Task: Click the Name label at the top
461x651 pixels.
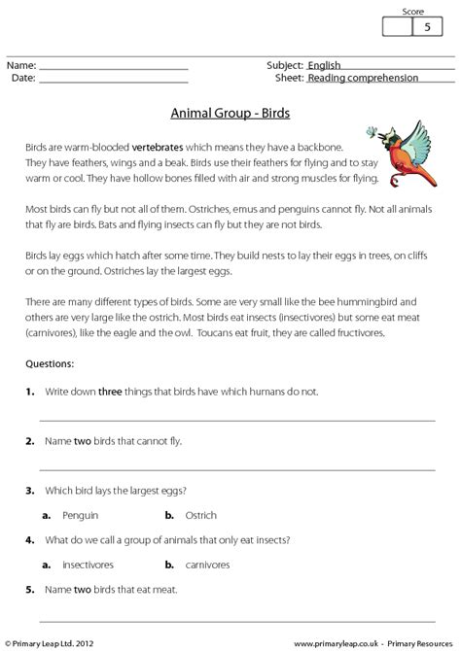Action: tap(21, 65)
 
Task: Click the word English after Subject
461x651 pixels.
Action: tap(327, 65)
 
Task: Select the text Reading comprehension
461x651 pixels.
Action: tap(363, 78)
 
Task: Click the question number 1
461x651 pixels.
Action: tap(30, 391)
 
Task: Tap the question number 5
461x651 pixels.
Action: tap(30, 589)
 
